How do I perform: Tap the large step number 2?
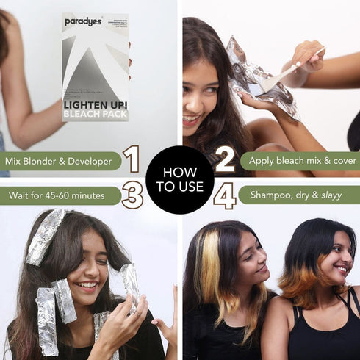click(x=225, y=159)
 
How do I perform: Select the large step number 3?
click(x=132, y=196)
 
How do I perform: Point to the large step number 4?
click(x=225, y=196)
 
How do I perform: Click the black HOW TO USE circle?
click(x=179, y=179)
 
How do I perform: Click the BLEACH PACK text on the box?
click(x=95, y=115)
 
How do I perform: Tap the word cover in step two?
click(x=342, y=160)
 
